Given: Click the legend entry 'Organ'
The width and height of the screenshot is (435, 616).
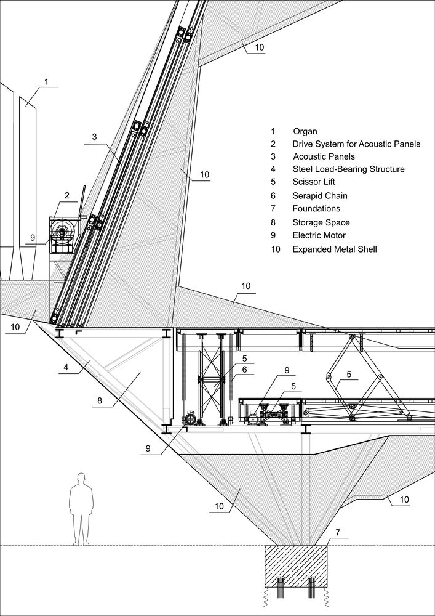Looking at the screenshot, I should [x=305, y=131].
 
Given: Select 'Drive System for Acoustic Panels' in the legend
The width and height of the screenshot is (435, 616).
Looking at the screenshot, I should [x=356, y=144].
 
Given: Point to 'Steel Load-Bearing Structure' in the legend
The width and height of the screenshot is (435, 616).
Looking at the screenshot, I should [x=348, y=169].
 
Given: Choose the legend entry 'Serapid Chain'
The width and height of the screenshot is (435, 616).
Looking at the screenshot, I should [x=320, y=196].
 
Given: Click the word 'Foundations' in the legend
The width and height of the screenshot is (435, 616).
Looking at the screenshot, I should [x=316, y=209].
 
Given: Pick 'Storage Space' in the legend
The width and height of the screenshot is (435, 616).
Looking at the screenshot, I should [x=321, y=222].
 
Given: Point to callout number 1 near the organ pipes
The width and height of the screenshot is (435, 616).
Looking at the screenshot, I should [x=46, y=81].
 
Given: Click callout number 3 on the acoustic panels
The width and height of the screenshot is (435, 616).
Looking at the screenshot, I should [x=95, y=137].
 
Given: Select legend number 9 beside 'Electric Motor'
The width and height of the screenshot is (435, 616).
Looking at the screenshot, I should [x=273, y=235].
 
